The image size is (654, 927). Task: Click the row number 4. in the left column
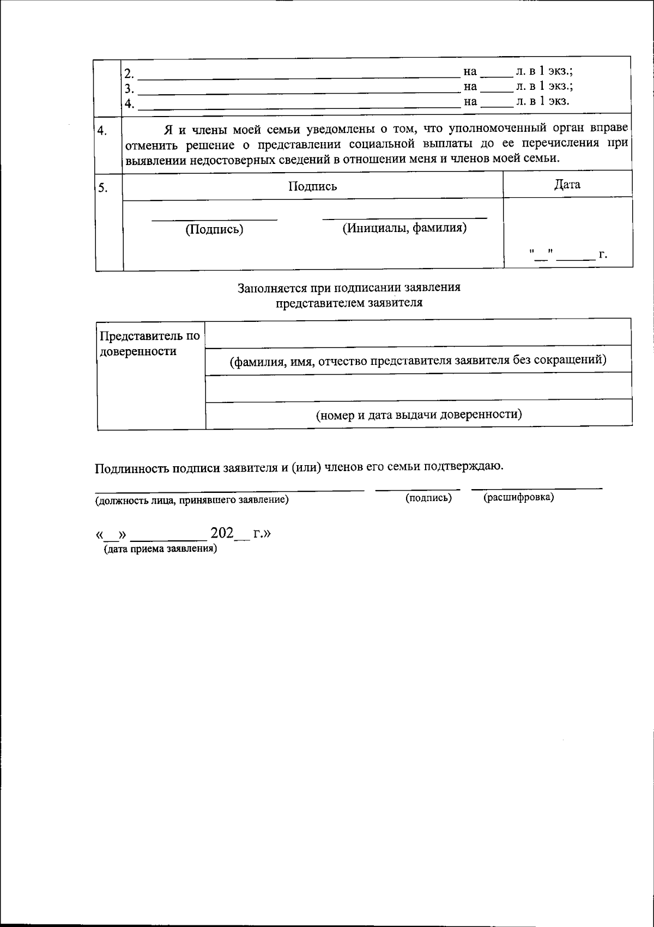102,131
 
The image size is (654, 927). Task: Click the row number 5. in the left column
102,188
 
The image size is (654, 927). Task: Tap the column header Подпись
312,186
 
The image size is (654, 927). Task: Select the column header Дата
567,184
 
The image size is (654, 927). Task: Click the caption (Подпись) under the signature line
214,229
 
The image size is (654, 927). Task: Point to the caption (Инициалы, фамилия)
404,228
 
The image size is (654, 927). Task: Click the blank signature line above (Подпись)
214,219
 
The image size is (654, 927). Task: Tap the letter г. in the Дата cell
603,254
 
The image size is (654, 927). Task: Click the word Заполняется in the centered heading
269,288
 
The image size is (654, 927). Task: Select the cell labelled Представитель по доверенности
148,344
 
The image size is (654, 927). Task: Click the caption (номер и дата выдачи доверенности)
419,414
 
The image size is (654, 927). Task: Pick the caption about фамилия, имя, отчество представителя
418,360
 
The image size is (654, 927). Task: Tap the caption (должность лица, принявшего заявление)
192,500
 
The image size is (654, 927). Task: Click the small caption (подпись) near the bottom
428,498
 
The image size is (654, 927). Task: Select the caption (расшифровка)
518,497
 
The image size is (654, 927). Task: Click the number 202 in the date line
222,533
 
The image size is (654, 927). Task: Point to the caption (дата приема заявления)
160,549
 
